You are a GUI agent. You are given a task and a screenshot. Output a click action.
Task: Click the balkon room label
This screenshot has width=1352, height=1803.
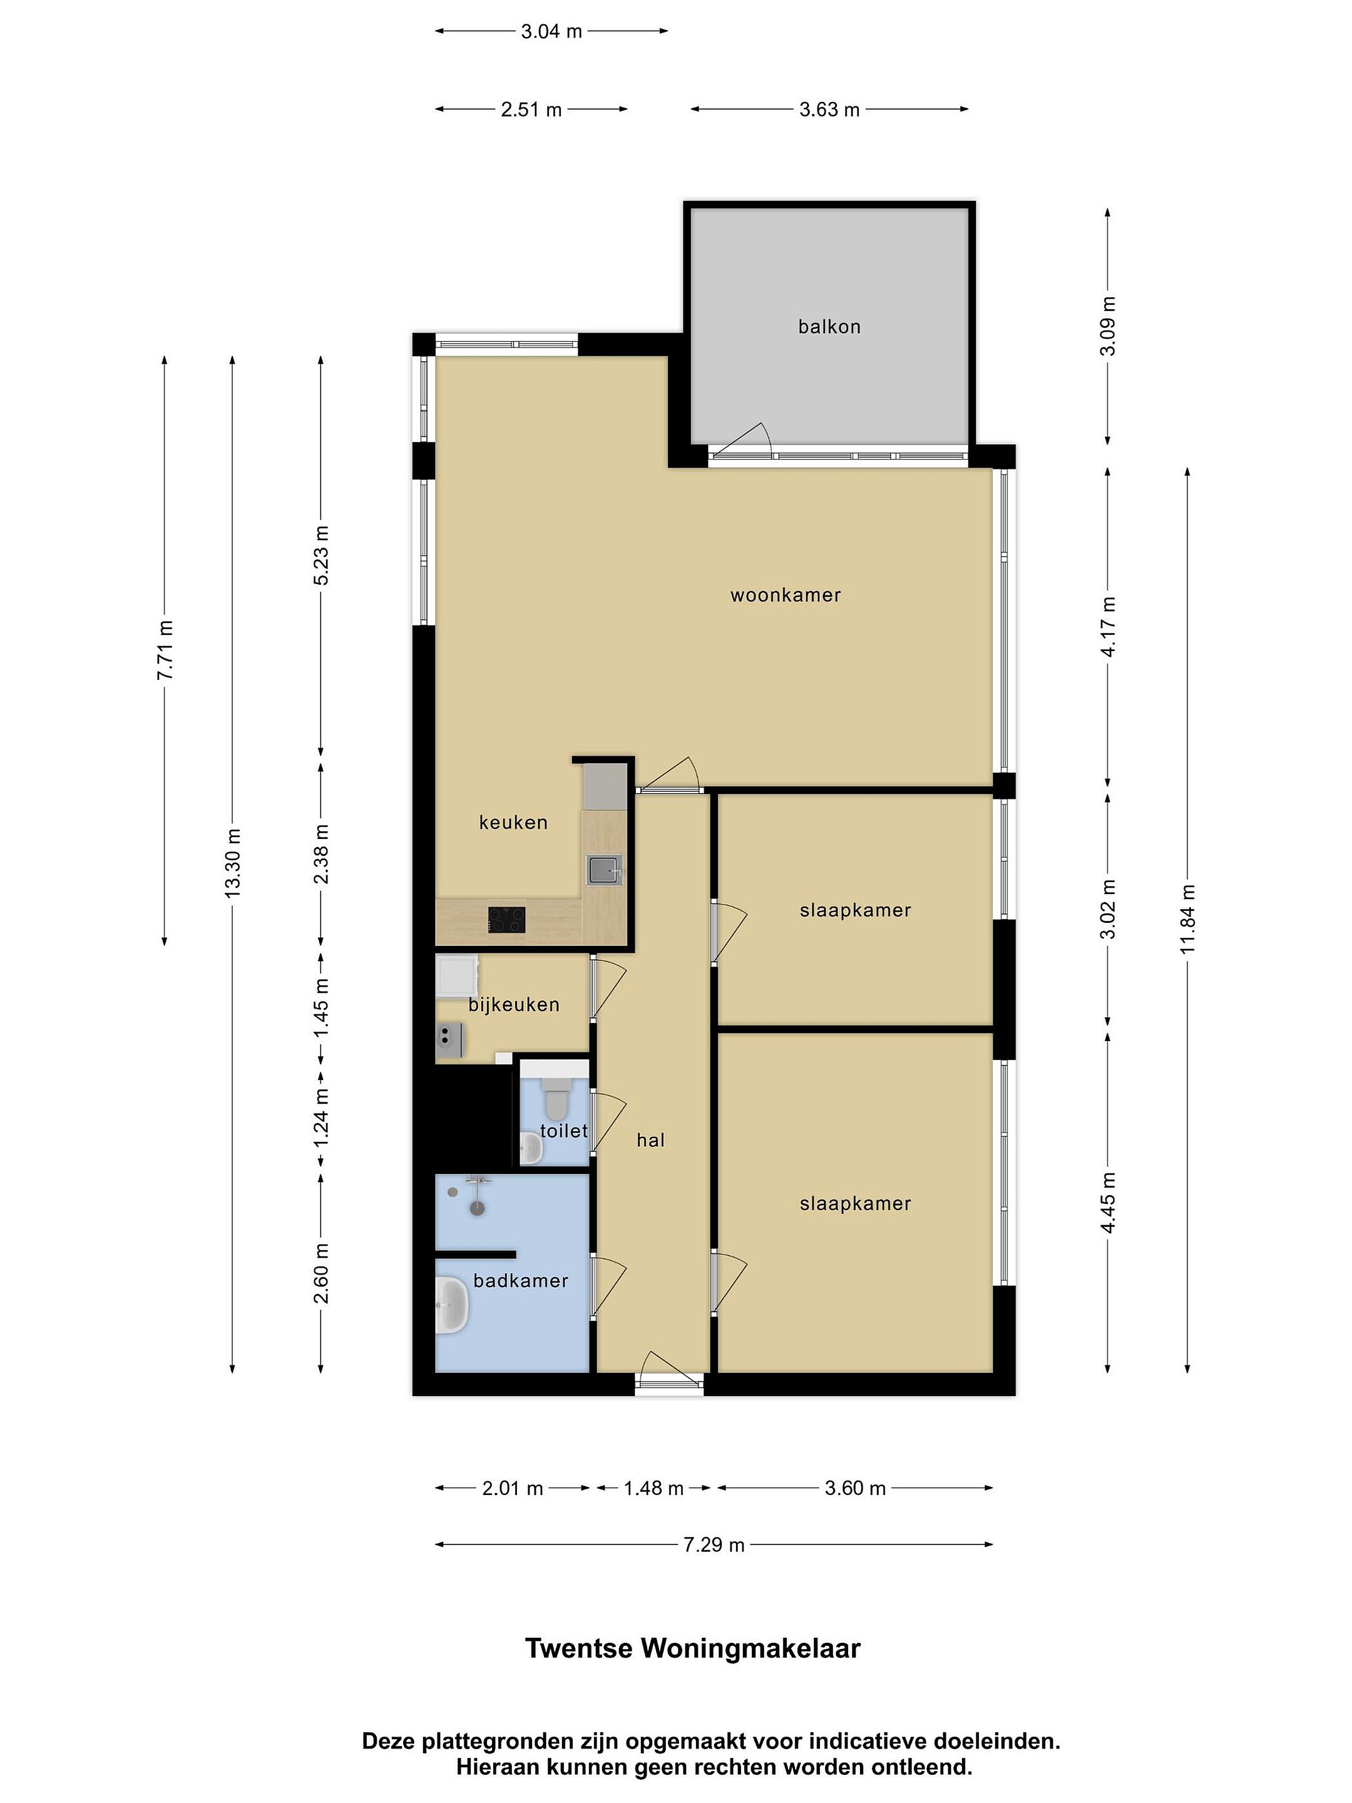tap(829, 327)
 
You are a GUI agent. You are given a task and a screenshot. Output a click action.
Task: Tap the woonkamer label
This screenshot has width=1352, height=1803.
tap(785, 595)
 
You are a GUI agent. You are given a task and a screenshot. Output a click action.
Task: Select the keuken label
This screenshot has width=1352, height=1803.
tap(513, 823)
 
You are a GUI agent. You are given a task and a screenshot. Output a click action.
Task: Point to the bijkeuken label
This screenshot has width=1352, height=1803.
tap(513, 1005)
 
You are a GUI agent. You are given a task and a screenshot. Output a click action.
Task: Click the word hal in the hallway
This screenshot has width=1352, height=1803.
tap(650, 1140)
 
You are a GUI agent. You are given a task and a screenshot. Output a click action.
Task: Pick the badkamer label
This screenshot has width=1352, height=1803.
tap(521, 1280)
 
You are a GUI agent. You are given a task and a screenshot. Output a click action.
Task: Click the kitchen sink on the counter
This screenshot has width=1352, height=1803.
tap(605, 869)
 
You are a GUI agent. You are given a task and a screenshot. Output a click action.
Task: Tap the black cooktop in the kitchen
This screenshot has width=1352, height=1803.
tap(506, 920)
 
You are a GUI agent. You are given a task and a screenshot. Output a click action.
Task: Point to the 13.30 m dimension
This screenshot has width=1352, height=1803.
tap(233, 863)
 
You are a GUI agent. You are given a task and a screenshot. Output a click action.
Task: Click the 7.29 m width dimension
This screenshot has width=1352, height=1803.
tap(714, 1544)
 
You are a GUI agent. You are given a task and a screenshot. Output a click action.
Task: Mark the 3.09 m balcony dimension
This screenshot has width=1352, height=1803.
tap(1107, 326)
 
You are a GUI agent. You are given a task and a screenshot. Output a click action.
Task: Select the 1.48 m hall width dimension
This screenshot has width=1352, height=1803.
tap(653, 1488)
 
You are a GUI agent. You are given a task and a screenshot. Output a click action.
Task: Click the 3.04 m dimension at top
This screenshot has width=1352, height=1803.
tap(551, 32)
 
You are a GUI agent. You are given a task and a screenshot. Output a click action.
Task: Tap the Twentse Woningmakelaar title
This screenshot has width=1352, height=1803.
tap(693, 1648)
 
